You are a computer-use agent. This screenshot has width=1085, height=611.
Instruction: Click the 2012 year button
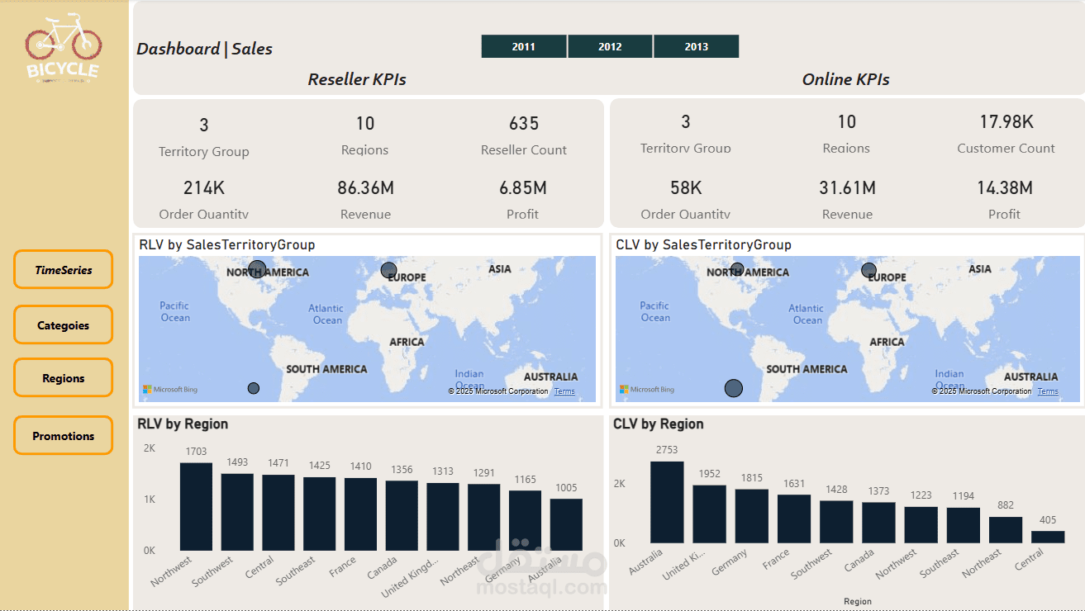pyautogui.click(x=610, y=46)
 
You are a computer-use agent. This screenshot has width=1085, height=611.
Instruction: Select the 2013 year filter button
pyautogui.click(x=696, y=46)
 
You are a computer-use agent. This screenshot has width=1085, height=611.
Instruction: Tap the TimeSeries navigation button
pyautogui.click(x=63, y=270)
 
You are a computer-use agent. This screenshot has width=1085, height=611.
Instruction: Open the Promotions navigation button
pyautogui.click(x=63, y=436)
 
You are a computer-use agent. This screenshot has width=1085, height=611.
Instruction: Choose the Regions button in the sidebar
pyautogui.click(x=63, y=378)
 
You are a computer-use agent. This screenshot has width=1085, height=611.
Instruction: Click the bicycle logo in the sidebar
pyautogui.click(x=63, y=48)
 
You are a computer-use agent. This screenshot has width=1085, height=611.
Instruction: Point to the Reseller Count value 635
pyautogui.click(x=524, y=124)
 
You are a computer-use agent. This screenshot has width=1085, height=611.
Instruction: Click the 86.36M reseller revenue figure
pyautogui.click(x=365, y=188)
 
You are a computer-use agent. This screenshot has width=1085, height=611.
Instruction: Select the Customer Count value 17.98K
pyautogui.click(x=1006, y=122)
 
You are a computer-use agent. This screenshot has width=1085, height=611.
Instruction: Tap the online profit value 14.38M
pyautogui.click(x=1004, y=188)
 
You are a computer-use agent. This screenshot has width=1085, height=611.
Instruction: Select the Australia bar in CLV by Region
pyautogui.click(x=667, y=502)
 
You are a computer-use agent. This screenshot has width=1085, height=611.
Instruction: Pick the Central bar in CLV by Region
pyautogui.click(x=1048, y=537)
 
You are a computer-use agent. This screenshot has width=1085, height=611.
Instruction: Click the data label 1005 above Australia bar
pyautogui.click(x=566, y=488)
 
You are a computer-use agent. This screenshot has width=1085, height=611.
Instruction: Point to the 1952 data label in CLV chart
pyautogui.click(x=709, y=474)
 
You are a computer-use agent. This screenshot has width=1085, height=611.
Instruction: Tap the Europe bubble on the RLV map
pyautogui.click(x=388, y=270)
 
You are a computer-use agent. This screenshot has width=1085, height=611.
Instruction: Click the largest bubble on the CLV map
pyautogui.click(x=734, y=388)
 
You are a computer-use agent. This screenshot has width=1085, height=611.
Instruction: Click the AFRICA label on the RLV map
pyautogui.click(x=407, y=342)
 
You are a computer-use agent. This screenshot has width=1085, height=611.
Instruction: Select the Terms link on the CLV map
pyautogui.click(x=1047, y=391)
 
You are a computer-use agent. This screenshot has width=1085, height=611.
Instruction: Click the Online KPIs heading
pyautogui.click(x=845, y=80)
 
